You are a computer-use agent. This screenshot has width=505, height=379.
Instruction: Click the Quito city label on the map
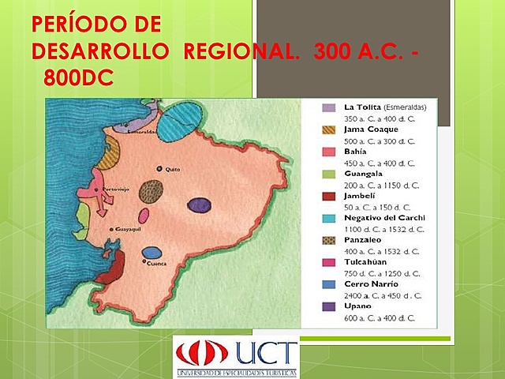tap(173, 168)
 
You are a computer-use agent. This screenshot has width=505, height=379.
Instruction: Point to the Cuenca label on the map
tap(157, 264)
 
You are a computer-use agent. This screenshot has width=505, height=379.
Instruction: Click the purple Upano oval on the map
tap(200, 205)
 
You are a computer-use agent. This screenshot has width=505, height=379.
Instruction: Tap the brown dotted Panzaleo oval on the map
tap(151, 191)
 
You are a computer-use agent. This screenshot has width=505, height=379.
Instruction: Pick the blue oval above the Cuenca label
tap(152, 253)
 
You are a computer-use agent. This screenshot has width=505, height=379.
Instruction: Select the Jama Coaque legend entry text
tap(371, 129)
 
